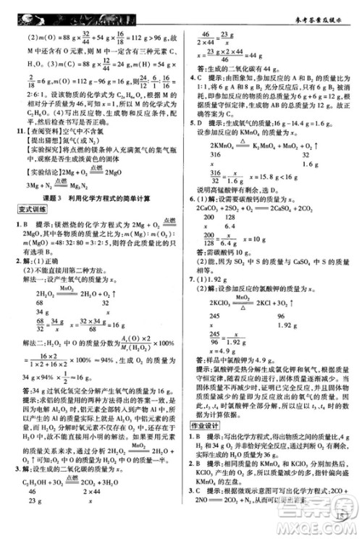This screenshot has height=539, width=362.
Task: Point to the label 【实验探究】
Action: [x=39, y=147]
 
